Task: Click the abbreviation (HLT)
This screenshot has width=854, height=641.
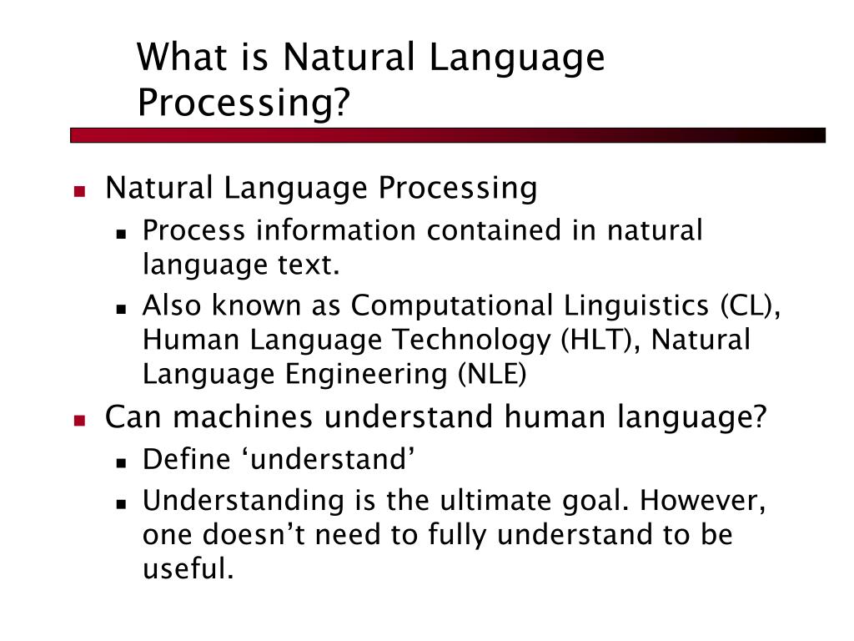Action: [596, 341]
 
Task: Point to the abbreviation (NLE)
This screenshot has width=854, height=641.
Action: [490, 375]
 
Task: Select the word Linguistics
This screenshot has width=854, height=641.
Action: [635, 306]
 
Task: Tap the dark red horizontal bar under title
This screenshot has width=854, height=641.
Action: [448, 134]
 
